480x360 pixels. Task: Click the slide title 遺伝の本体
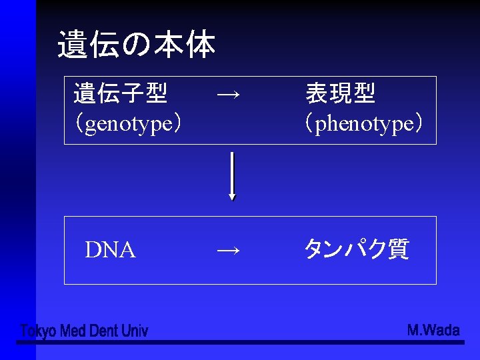point(136,45)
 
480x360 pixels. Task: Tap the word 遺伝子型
point(120,93)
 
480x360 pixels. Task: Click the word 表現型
point(340,93)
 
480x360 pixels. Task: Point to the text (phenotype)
point(363,123)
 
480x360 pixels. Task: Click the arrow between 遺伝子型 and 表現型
point(229,95)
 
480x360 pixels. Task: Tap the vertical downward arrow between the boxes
point(232,175)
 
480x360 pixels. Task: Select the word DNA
point(110,250)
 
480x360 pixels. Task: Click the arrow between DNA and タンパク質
point(229,250)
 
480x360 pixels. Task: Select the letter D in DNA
point(92,250)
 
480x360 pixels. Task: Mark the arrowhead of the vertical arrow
point(232,197)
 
